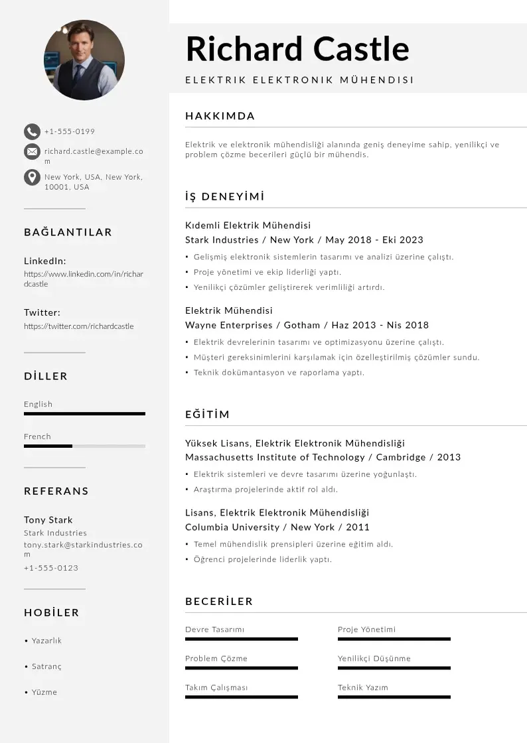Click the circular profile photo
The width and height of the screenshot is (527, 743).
coord(84,60)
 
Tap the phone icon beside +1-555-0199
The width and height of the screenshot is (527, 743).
coord(32,131)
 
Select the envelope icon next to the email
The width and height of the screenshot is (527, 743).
coord(32,152)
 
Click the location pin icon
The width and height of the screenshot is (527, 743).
coord(32,177)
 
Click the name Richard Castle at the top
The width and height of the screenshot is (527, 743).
coord(297,48)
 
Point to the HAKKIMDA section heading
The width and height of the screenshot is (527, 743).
coord(220,116)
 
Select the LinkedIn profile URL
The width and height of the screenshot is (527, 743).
coord(84,279)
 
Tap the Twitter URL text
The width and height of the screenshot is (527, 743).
coord(79,326)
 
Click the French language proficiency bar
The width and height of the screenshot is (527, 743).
coord(84,446)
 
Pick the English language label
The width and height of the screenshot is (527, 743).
coord(38,404)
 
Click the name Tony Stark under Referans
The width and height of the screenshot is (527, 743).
coord(48,519)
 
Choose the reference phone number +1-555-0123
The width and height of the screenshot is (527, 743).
coord(51,568)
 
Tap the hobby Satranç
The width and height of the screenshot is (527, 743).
coord(46,666)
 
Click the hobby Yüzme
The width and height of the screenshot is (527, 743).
coord(44,692)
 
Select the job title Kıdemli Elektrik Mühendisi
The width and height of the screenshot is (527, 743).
coord(248,226)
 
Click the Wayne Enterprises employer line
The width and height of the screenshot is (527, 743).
coord(307,325)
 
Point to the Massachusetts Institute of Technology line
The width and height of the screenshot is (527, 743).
coord(323,457)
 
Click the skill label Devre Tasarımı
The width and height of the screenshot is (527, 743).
coord(215,630)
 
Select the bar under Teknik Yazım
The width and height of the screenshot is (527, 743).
coord(394,697)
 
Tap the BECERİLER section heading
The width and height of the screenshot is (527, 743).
coord(219,602)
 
